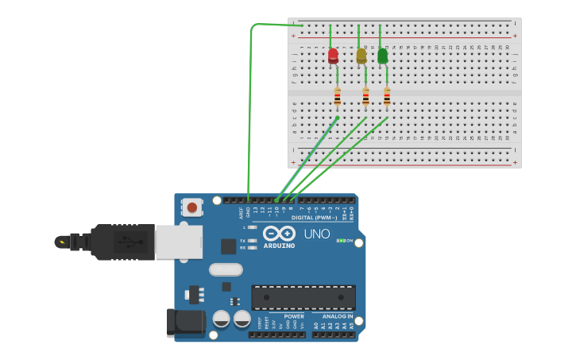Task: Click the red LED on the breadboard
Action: click(333, 56)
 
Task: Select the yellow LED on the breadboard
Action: click(361, 56)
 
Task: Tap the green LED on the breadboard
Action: click(383, 56)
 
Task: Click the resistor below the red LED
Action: click(337, 97)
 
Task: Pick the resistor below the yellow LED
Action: click(365, 97)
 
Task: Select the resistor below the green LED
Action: click(387, 97)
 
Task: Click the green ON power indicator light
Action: click(340, 240)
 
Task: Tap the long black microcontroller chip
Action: click(303, 297)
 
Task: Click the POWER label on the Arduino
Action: click(294, 315)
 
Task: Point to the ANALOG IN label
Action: click(338, 315)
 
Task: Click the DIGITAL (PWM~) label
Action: click(314, 217)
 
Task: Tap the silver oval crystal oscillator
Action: click(226, 269)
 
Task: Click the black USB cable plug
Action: click(119, 242)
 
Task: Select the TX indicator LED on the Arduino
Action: click(252, 240)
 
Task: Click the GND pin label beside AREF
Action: click(248, 211)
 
